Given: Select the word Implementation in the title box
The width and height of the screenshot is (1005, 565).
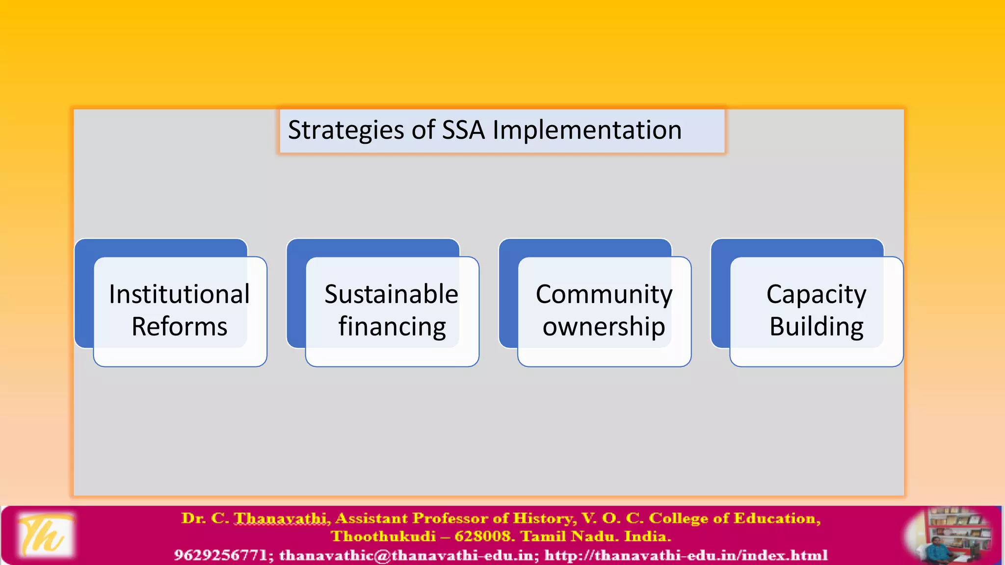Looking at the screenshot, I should point(587,130).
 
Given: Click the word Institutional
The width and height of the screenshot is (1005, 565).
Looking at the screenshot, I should point(180,294).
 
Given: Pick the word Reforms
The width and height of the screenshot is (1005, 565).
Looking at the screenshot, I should point(180,327).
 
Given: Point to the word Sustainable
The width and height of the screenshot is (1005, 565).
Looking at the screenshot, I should point(391,294).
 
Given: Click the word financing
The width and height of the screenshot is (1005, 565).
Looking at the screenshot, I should point(392,327).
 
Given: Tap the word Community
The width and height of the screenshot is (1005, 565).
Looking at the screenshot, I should point(604,294).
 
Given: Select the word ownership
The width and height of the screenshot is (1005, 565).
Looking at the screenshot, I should point(604,327).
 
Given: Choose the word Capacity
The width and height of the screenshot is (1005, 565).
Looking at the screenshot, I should point(816,294).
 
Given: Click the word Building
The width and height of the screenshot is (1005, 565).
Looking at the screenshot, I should point(817,327).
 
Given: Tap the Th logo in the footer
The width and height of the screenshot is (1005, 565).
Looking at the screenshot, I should point(45,535).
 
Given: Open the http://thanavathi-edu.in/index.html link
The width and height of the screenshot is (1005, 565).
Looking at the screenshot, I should point(686,555).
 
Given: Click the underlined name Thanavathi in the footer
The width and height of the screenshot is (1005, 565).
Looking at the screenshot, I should point(281,518).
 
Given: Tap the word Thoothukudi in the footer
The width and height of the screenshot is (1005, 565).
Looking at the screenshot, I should point(383,536).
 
